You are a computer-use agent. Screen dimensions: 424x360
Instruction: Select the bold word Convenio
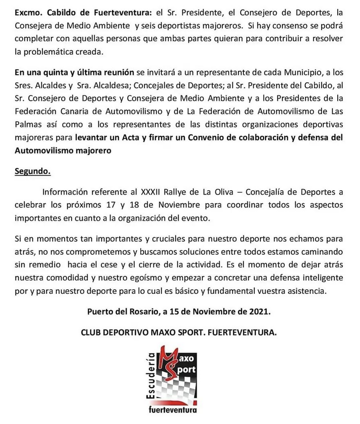[x=211, y=138]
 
